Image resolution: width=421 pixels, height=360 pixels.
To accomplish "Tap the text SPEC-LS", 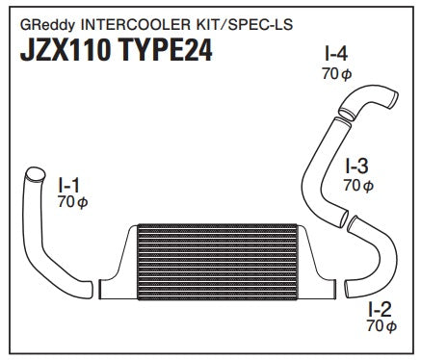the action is (260, 24).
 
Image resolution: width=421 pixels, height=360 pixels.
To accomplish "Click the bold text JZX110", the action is (66, 50).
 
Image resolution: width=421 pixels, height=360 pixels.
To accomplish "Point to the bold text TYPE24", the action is (166, 50).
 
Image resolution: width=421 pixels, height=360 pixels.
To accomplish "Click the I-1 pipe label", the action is (68, 185).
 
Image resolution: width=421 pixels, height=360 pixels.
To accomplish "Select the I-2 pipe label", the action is (380, 310).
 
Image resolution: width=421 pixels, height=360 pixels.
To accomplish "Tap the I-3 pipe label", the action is (356, 166).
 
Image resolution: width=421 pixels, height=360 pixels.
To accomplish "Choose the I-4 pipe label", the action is (336, 54).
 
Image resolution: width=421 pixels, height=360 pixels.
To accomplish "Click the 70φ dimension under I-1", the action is (73, 202).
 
